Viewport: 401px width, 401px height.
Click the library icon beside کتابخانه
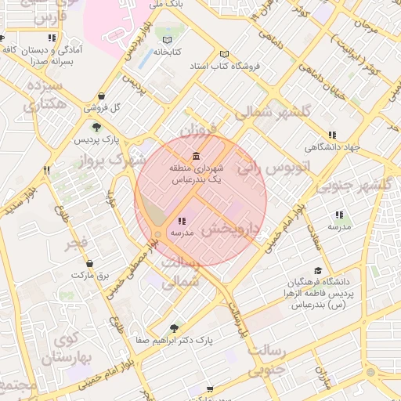(166, 40)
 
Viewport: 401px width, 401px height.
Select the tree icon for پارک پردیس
(97, 128)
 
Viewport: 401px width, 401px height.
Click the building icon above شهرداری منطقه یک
(196, 155)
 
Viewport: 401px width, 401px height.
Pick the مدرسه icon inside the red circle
(182, 221)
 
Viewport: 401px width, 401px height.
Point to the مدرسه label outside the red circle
(339, 227)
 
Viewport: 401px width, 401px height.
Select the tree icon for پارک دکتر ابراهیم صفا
(174, 327)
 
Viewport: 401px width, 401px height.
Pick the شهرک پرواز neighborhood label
(118, 160)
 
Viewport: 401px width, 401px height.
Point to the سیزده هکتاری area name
(45, 94)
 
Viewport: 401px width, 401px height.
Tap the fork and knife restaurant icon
(48, 170)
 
